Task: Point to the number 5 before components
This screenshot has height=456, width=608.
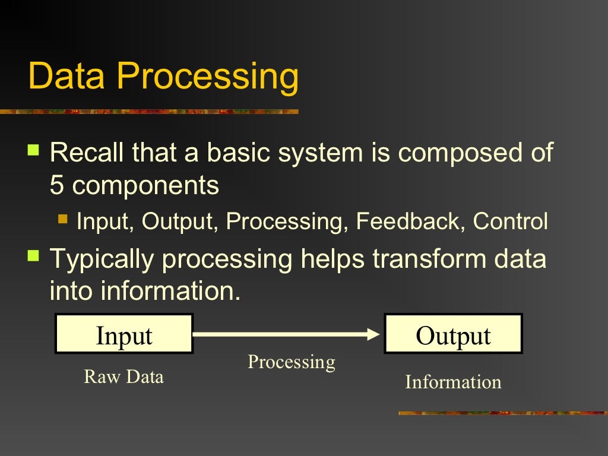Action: coord(56,186)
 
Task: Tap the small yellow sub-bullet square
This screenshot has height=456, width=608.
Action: coord(64,219)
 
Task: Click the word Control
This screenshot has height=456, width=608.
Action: coord(510,221)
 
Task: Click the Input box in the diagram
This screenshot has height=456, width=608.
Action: coord(124,334)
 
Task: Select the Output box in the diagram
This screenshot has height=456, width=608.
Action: coord(453,334)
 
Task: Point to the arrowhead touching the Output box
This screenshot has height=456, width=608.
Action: coord(374,334)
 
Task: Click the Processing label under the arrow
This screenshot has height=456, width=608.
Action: coord(291,362)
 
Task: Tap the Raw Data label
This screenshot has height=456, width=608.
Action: coord(123,376)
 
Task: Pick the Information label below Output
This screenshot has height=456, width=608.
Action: coord(453,382)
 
